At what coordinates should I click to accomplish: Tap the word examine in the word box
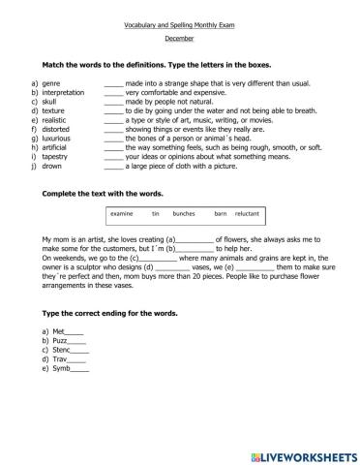pos(123,213)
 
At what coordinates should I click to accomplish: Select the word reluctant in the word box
pos(247,213)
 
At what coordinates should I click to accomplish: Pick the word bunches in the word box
pos(184,213)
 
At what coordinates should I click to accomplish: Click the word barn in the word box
pos(220,213)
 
